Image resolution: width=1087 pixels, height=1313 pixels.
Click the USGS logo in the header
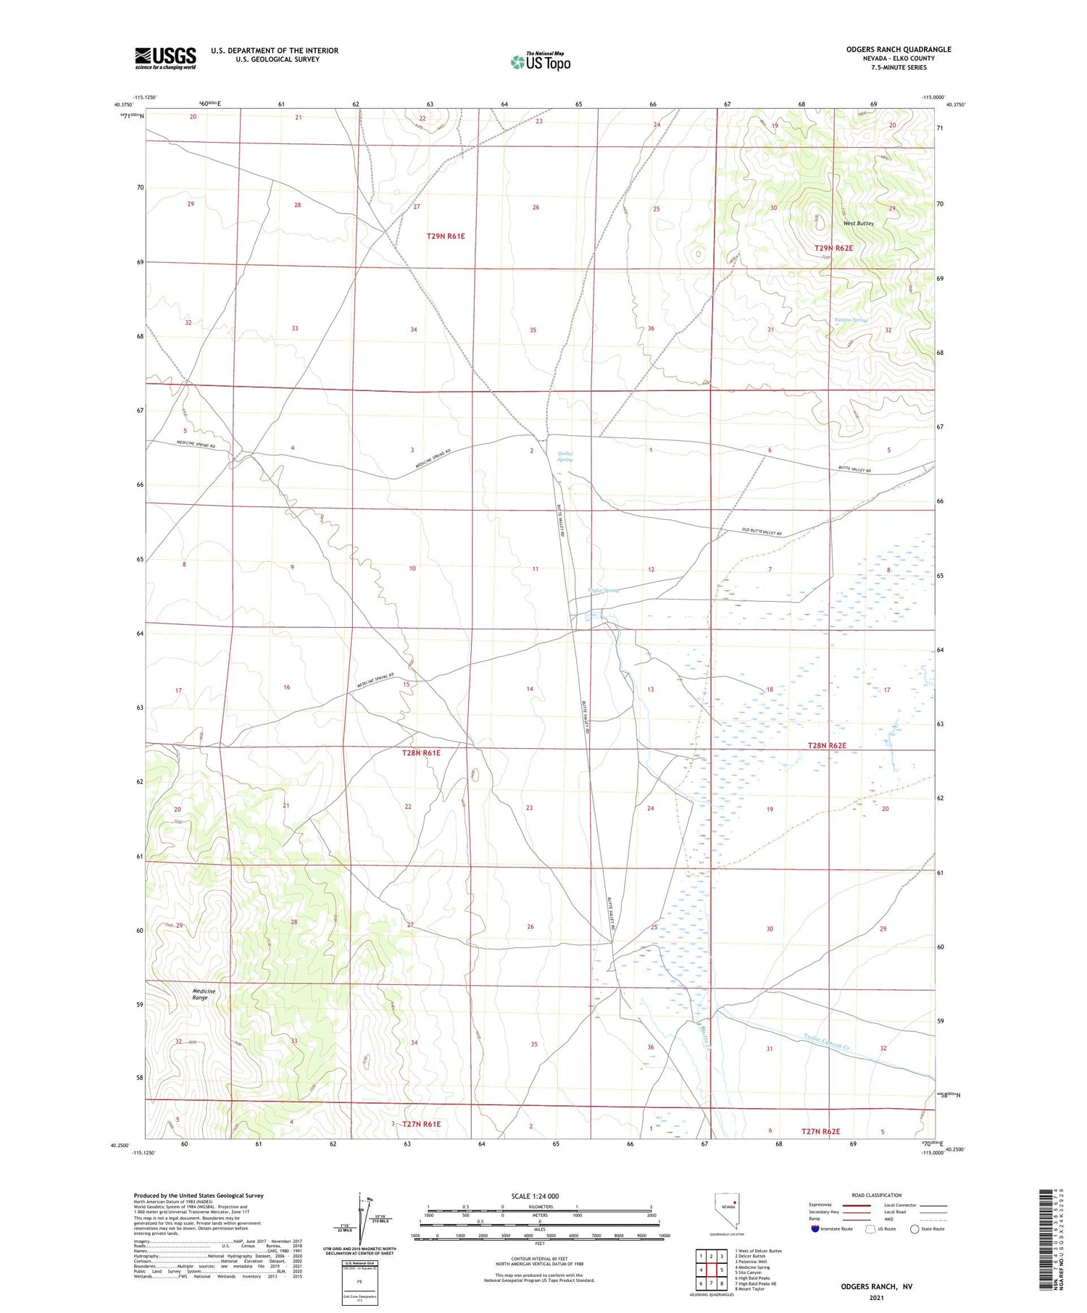click(x=165, y=58)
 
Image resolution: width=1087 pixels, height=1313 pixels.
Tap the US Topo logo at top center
click(x=540, y=62)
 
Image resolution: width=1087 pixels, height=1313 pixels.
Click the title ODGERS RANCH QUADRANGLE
click(x=898, y=49)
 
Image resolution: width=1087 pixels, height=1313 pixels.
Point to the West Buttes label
click(x=858, y=224)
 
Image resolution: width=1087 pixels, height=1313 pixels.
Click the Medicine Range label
click(x=203, y=994)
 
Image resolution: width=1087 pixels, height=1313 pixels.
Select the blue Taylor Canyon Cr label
click(x=826, y=1043)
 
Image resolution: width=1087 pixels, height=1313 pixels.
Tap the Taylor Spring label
click(x=604, y=590)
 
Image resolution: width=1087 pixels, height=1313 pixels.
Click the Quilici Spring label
click(x=565, y=457)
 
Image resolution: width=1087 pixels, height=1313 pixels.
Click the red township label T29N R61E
click(x=445, y=236)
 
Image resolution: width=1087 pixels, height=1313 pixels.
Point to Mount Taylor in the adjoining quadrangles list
click(x=749, y=1289)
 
